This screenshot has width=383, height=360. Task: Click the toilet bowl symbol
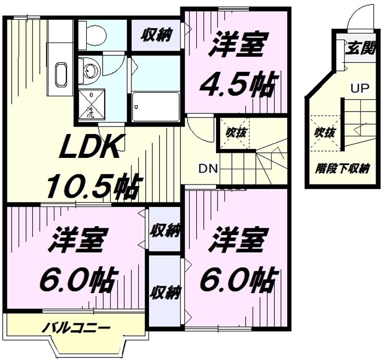(x=96, y=36)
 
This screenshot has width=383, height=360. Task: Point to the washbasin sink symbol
(x=90, y=69)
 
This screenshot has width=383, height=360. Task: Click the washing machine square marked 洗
(x=92, y=105)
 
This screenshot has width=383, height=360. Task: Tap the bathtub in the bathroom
(x=156, y=106)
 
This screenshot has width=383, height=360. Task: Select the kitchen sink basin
(x=61, y=74)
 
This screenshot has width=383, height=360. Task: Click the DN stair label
(x=208, y=168)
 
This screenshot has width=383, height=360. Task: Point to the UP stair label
(x=360, y=88)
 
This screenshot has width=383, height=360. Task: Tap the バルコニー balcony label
(x=76, y=328)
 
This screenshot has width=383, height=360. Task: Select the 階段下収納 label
(x=342, y=169)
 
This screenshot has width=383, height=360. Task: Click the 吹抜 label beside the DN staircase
(x=235, y=132)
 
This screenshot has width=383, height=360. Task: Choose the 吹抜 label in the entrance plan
(x=324, y=132)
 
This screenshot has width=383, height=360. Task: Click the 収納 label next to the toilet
(x=156, y=35)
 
